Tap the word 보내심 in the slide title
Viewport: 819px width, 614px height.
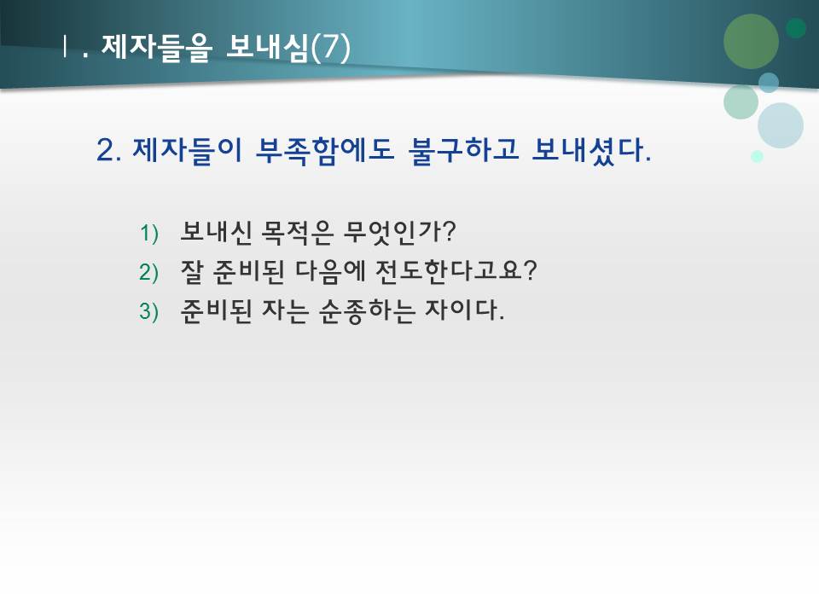click(266, 48)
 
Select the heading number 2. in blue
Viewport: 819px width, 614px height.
click(111, 151)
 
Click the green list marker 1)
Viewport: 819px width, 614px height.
click(149, 232)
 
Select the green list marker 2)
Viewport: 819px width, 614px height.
click(149, 272)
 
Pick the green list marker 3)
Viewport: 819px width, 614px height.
click(149, 312)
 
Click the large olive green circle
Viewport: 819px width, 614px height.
click(751, 41)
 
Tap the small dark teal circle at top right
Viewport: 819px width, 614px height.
click(796, 28)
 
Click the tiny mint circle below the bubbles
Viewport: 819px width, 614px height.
click(757, 156)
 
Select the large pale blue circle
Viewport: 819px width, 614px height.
click(780, 125)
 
